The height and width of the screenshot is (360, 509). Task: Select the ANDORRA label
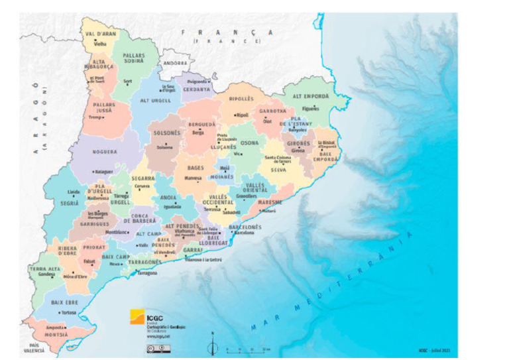click(x=176, y=63)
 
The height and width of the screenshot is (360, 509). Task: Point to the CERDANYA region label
click(x=197, y=89)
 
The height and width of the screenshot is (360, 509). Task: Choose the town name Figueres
click(x=310, y=109)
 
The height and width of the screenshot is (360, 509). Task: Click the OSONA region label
click(x=250, y=143)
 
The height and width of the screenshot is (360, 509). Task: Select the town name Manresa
click(x=192, y=178)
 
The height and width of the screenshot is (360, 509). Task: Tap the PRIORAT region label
click(x=95, y=247)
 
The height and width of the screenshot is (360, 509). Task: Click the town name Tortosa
click(x=68, y=312)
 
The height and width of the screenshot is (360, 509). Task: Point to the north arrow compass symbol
click(x=212, y=345)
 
